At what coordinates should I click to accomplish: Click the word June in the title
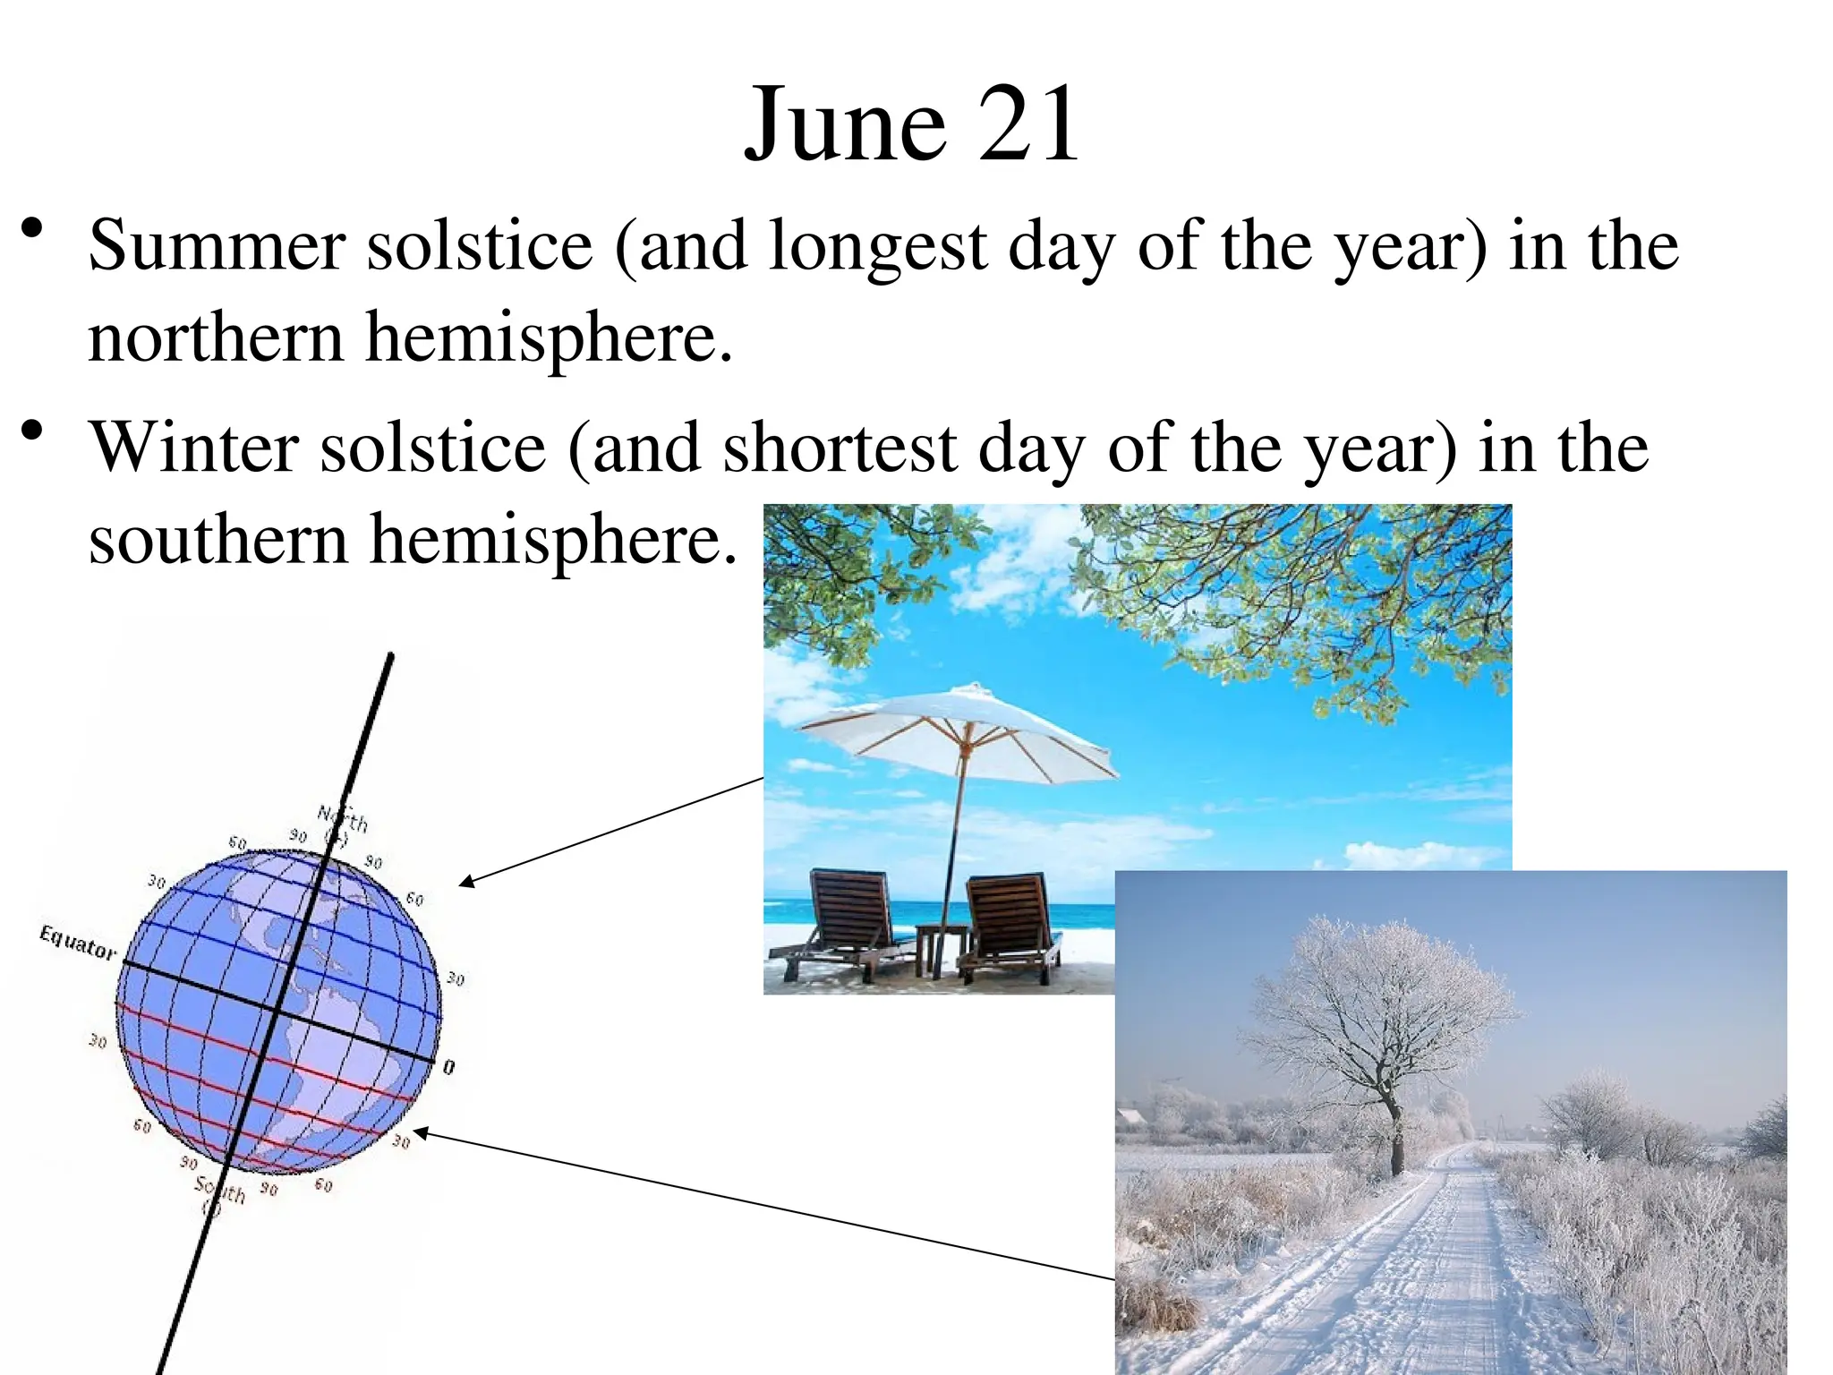[x=845, y=125]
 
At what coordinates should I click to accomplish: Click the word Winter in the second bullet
[x=193, y=447]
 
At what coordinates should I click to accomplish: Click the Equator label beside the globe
[x=77, y=944]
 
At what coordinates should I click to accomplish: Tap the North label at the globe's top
[x=343, y=817]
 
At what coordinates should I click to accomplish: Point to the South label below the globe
[x=219, y=1190]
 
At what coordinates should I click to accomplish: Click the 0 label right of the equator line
[x=449, y=1066]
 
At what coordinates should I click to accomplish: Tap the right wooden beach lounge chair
[x=1011, y=927]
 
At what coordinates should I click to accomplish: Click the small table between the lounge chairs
[x=941, y=944]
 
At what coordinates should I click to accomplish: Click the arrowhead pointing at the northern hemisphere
[x=464, y=884]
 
